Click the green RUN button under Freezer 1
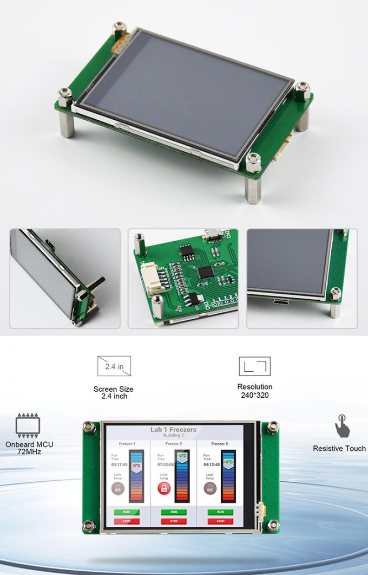[127, 512]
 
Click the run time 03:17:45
[119, 464]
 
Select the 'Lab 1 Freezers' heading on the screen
[173, 430]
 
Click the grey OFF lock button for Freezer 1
[117, 488]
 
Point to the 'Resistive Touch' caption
[339, 448]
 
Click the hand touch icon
[341, 427]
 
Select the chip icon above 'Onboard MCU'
[28, 425]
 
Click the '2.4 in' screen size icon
[114, 367]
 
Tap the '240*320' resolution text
[254, 395]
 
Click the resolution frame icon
[254, 366]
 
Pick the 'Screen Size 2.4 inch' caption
[114, 392]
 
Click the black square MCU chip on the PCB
[205, 273]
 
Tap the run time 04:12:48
[211, 464]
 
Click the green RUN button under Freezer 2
[173, 512]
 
